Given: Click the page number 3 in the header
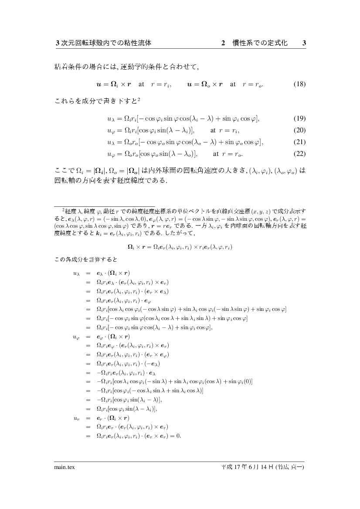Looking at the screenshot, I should (x=304, y=43).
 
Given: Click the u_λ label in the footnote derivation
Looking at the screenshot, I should (x=76, y=273).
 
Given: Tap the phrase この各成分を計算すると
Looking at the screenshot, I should (x=86, y=260).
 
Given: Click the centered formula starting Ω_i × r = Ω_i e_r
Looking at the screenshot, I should (x=179, y=247).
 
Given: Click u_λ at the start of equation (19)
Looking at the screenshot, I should (x=111, y=119).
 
